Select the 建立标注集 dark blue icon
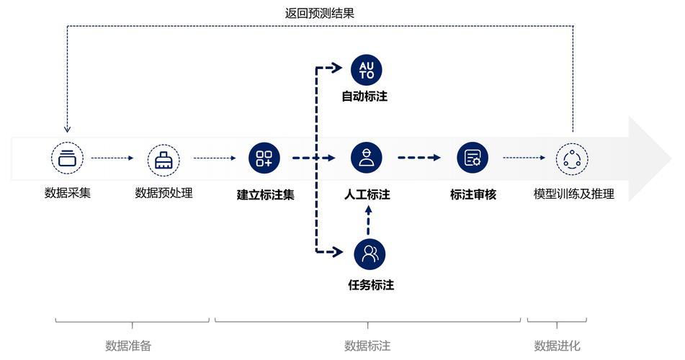coord(264,158)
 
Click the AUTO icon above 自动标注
coord(366,70)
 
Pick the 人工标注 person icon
coord(366,158)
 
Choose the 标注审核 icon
coord(473,158)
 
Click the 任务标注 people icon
coord(370,253)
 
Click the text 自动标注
coord(364,96)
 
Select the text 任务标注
coord(370,285)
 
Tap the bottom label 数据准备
coord(128,346)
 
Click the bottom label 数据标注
coord(367,346)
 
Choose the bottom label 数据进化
coord(557,346)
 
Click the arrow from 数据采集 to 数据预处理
coord(113,158)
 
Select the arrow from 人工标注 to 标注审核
coord(418,158)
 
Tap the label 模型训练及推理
coord(573,194)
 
